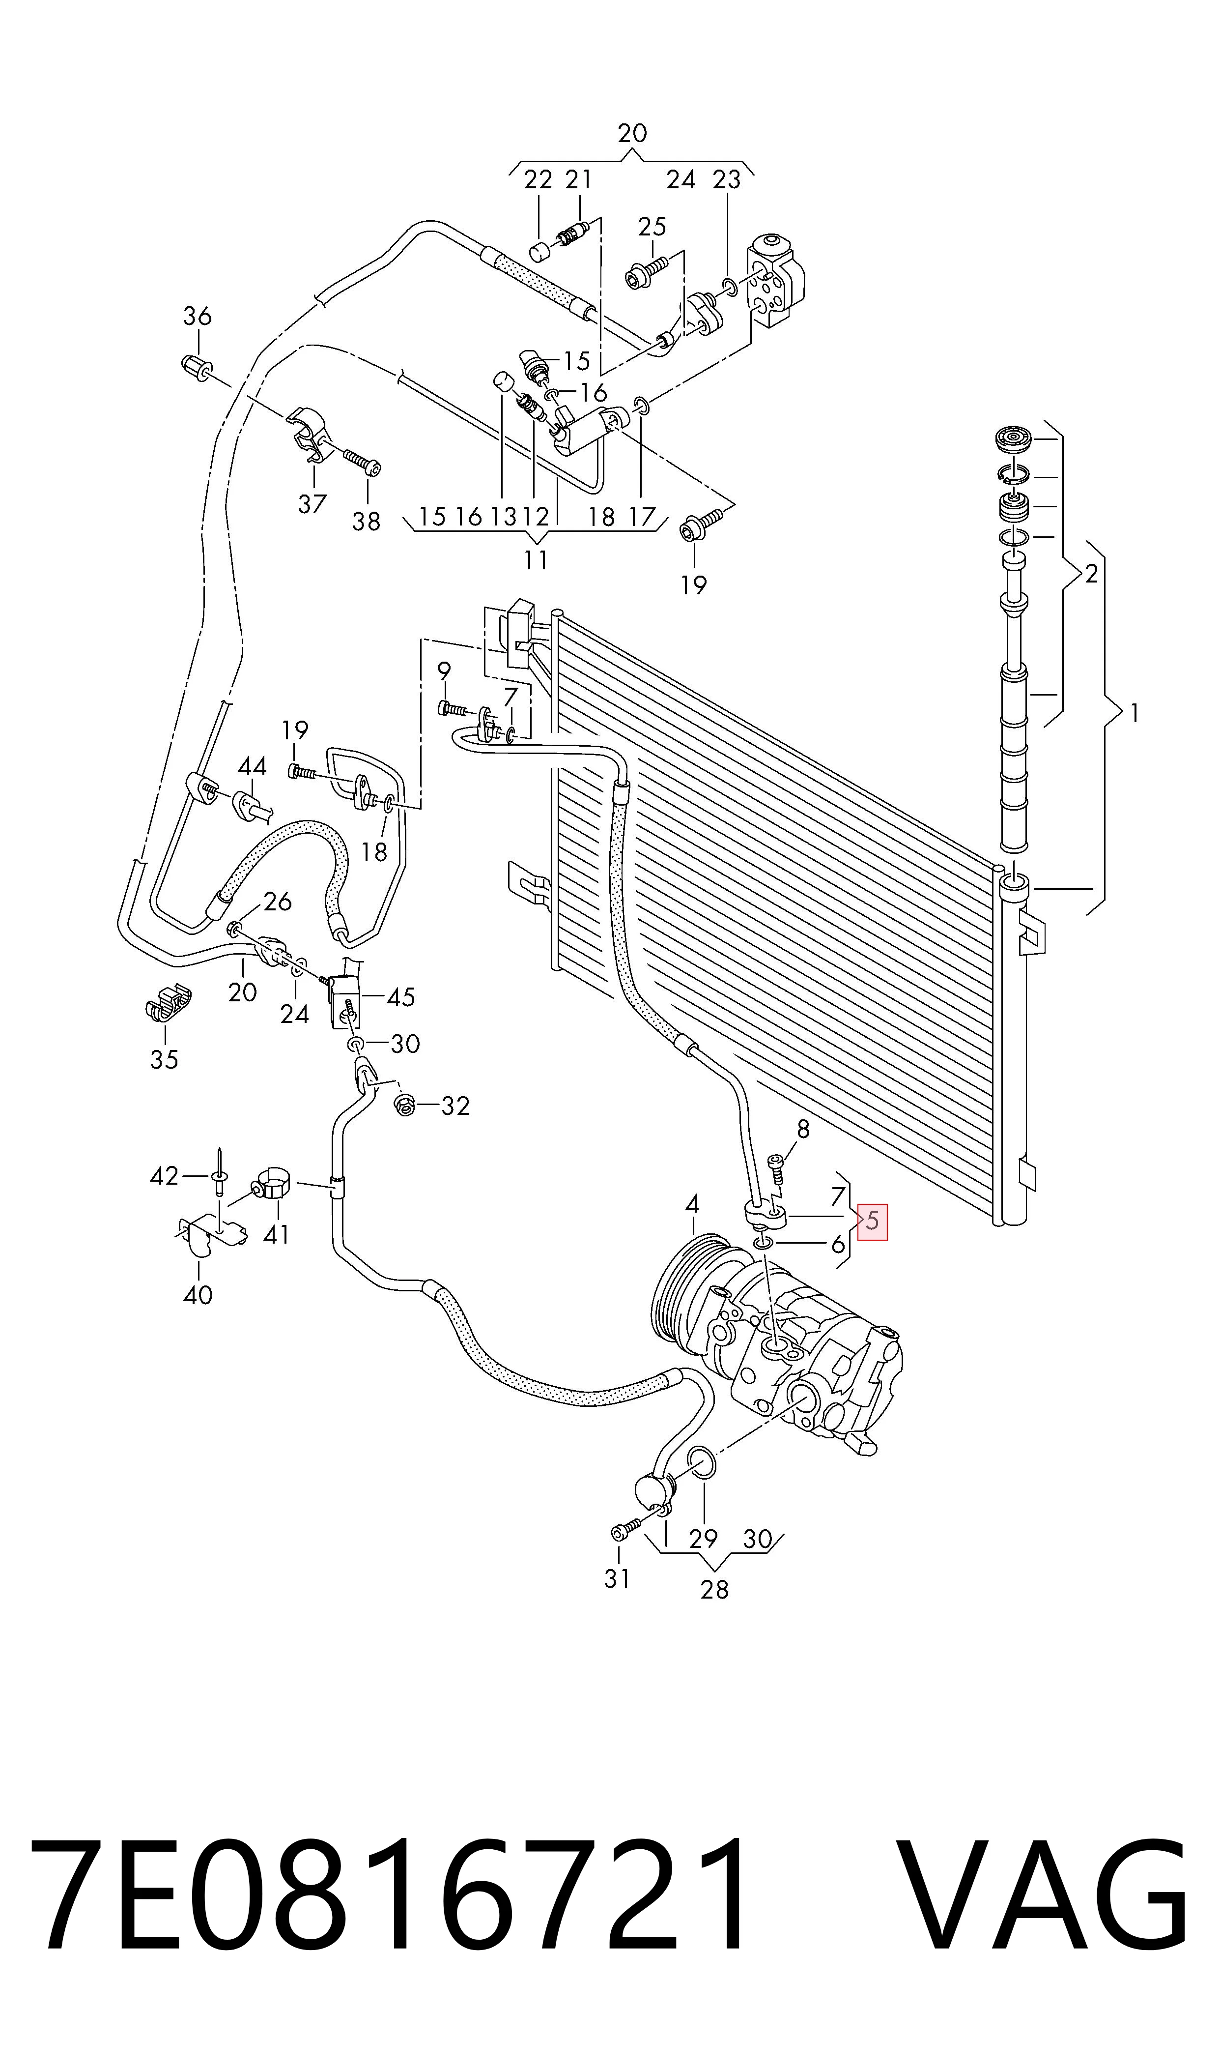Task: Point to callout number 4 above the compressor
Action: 692,1205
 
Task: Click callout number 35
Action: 165,1059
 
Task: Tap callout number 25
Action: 652,226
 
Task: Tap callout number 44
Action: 253,766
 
